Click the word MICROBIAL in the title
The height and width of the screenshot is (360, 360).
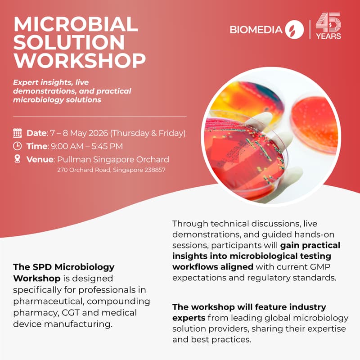pyautogui.click(x=75, y=24)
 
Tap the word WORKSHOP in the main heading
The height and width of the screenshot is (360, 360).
pyautogui.click(x=79, y=60)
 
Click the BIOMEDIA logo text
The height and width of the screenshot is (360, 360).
pyautogui.click(x=256, y=30)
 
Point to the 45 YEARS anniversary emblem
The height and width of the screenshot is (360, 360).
pyautogui.click(x=328, y=27)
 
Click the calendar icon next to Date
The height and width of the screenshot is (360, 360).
pyautogui.click(x=18, y=133)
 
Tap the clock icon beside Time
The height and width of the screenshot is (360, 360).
pyautogui.click(x=18, y=146)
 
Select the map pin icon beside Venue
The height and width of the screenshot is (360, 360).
pyautogui.click(x=18, y=159)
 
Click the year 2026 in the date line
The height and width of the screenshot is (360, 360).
pyautogui.click(x=98, y=133)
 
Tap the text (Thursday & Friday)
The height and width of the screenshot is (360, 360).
pyautogui.click(x=148, y=133)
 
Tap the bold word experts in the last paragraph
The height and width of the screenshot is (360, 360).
pyautogui.click(x=189, y=318)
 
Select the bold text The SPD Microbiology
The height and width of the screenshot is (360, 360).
pyautogui.click(x=63, y=267)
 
